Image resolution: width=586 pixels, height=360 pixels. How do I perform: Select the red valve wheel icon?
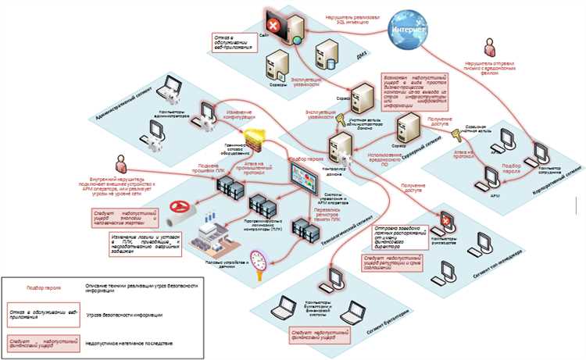click(x=182, y=209)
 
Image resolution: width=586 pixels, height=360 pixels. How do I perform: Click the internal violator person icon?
click(x=121, y=162)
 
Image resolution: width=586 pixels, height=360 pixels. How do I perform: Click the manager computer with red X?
click(x=445, y=221)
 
